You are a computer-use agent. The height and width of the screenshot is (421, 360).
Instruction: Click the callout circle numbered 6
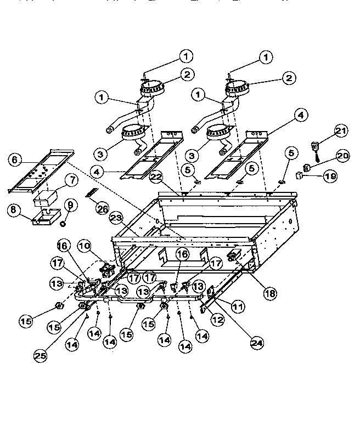(x=15, y=160)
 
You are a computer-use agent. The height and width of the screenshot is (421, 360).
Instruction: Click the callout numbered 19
(x=330, y=176)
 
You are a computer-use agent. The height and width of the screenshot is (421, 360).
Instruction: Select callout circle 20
(x=342, y=156)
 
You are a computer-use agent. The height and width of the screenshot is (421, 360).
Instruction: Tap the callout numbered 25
(x=40, y=355)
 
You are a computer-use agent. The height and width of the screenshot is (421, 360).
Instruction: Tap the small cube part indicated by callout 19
(x=299, y=176)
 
